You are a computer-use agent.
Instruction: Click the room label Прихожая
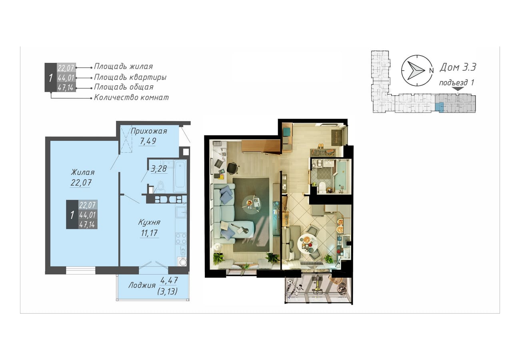[149, 131]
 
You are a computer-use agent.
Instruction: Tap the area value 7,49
[148, 141]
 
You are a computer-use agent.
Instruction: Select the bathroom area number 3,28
[158, 169]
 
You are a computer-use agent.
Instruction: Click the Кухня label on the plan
[149, 222]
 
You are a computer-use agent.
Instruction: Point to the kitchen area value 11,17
[149, 233]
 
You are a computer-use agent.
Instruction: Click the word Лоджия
[142, 285]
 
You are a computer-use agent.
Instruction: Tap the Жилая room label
[83, 172]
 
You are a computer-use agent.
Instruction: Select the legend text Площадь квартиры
[130, 77]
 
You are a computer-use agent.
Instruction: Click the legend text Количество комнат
[131, 97]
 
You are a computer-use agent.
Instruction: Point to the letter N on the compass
[431, 70]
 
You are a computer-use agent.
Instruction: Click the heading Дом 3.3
[458, 67]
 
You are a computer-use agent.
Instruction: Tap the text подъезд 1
[456, 82]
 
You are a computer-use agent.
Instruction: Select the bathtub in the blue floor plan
[180, 176]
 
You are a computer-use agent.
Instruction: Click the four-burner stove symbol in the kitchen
[181, 238]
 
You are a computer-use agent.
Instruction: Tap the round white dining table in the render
[307, 244]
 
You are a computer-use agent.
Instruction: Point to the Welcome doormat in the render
[337, 138]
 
